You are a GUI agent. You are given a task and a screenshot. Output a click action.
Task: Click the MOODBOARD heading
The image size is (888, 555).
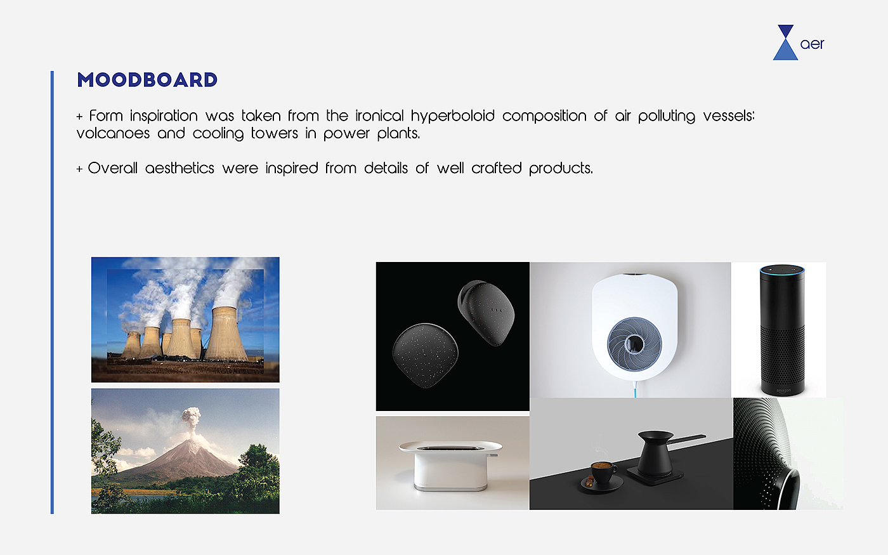[147, 80]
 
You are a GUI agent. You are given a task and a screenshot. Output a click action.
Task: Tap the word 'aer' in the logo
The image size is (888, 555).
[812, 44]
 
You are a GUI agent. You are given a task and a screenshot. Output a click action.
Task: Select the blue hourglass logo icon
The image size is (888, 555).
[785, 42]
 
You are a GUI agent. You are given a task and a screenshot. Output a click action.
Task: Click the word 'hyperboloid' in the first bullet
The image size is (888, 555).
[453, 116]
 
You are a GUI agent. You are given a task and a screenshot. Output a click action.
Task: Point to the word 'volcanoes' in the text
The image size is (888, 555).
[113, 133]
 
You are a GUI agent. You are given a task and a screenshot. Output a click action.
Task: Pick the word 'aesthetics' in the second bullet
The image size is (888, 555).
[180, 168]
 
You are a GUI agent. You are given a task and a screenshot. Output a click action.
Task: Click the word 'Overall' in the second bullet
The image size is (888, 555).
[113, 168]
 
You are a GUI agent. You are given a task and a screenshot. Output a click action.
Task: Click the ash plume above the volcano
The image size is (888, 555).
[191, 420]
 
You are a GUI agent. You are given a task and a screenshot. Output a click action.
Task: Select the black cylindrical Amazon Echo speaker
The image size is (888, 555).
[782, 330]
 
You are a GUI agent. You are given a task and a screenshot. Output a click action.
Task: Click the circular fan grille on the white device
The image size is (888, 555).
[634, 344]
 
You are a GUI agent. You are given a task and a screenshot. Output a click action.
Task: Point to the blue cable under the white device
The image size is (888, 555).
[636, 389]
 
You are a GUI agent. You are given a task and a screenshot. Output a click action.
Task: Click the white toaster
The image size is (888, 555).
[450, 466]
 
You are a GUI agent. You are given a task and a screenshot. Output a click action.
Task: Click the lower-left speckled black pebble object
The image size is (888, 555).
[426, 355]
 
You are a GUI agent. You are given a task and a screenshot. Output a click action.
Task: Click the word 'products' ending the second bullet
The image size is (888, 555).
[561, 169]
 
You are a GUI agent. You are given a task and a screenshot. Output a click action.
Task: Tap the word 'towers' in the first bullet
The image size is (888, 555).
[274, 133]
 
